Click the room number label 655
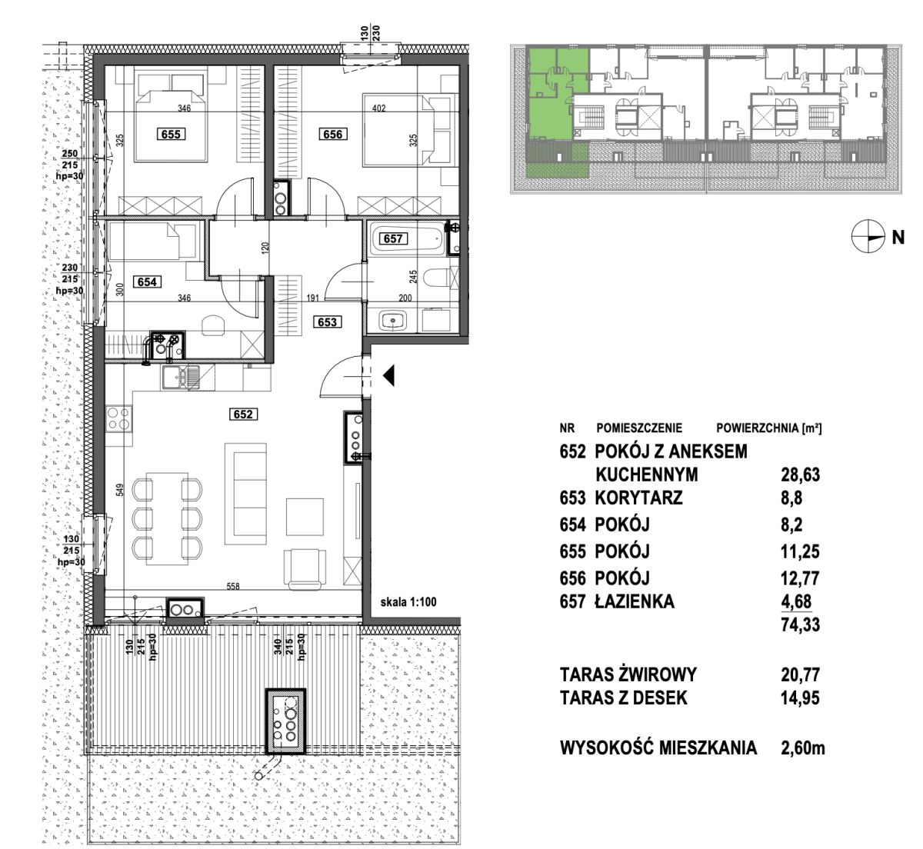[x=171, y=135]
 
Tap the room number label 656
[x=333, y=135]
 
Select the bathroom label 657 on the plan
[x=393, y=238]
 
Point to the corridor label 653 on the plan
[x=327, y=322]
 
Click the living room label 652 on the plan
[x=243, y=415]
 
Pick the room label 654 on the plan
[x=147, y=281]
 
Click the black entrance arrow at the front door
[x=388, y=375]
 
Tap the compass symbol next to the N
[x=868, y=238]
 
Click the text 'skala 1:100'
[x=408, y=602]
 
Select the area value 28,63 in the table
[x=800, y=474]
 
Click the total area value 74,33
[x=800, y=625]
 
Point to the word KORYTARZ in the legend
[x=638, y=498]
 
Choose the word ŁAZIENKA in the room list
[x=635, y=601]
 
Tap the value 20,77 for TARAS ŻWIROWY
[x=800, y=675]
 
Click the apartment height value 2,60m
[x=803, y=747]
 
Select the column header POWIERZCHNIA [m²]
[x=769, y=428]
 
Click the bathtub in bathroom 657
[x=407, y=238]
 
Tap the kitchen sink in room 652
[x=181, y=378]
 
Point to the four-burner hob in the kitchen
[x=118, y=418]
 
